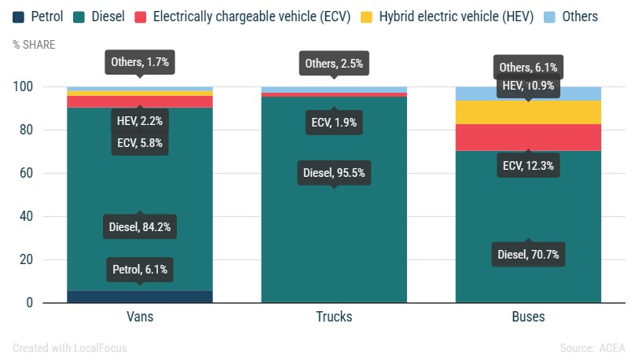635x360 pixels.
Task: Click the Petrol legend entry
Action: [37, 17]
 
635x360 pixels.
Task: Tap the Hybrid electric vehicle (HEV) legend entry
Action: [458, 17]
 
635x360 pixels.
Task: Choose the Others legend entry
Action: [571, 17]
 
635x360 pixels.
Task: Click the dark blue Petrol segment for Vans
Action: [140, 296]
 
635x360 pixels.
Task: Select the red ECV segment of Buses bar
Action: [528, 137]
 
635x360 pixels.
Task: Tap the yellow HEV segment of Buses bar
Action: [528, 112]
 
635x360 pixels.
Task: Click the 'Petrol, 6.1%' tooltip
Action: [140, 270]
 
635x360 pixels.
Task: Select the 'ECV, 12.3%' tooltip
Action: [528, 166]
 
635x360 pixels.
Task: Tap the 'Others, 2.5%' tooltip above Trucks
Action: [334, 64]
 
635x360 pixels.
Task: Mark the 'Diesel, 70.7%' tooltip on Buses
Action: [528, 254]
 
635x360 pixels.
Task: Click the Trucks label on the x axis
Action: [334, 317]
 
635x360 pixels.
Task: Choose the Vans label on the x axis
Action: [140, 317]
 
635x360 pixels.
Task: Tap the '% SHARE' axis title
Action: [34, 45]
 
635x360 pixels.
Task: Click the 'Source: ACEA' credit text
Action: [593, 347]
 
